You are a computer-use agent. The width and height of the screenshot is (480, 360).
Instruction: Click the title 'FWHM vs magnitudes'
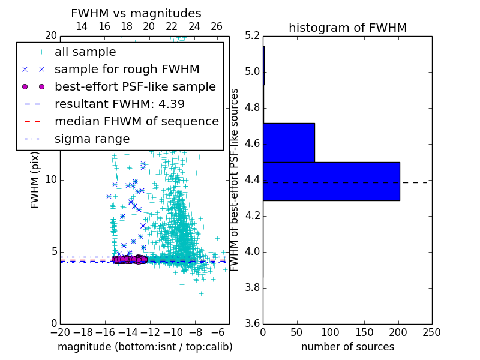[136, 13]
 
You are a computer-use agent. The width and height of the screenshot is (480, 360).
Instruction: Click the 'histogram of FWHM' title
[347, 28]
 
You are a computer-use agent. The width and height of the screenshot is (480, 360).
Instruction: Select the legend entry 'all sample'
[85, 52]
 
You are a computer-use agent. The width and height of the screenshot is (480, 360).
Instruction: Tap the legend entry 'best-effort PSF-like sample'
[135, 86]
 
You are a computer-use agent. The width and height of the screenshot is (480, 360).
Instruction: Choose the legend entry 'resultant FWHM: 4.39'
[119, 104]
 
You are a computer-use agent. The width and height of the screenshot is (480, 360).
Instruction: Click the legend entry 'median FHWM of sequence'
[136, 121]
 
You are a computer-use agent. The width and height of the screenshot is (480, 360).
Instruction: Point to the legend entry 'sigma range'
[92, 139]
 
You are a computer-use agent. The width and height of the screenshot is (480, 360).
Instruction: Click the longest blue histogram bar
[331, 181]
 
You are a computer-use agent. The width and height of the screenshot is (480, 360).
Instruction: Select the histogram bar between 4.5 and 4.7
[289, 143]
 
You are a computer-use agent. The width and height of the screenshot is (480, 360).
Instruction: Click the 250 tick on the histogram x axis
[431, 332]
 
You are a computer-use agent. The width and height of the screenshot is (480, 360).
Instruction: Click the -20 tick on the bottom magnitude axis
[60, 332]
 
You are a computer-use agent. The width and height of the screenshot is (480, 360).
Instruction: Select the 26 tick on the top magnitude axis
[217, 26]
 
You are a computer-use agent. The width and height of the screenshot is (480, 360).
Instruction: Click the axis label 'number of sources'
[347, 347]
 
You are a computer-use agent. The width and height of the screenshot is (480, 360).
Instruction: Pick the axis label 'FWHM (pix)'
[35, 180]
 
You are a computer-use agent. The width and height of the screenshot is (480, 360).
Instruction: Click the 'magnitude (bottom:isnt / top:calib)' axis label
[145, 347]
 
